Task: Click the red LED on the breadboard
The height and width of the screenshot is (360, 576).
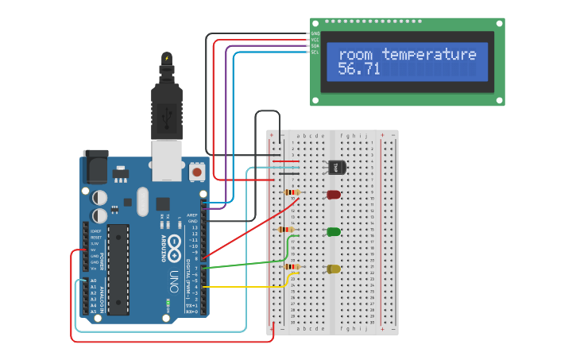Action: tap(334, 195)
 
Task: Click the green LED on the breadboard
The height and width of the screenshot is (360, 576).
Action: tap(334, 232)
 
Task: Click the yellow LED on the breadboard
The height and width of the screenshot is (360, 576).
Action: tap(334, 269)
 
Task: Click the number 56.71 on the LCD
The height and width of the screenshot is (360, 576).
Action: tap(359, 70)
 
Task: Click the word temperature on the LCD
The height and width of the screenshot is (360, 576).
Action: tap(429, 55)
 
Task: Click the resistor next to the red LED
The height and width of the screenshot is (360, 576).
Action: tap(292, 192)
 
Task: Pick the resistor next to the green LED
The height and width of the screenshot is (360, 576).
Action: tap(287, 230)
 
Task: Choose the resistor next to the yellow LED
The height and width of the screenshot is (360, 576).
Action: tap(292, 267)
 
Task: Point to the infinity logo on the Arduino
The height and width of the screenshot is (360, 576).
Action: tap(170, 253)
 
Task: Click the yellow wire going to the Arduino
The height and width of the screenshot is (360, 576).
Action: tap(246, 286)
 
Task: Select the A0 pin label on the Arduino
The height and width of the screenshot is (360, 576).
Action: tap(92, 281)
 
